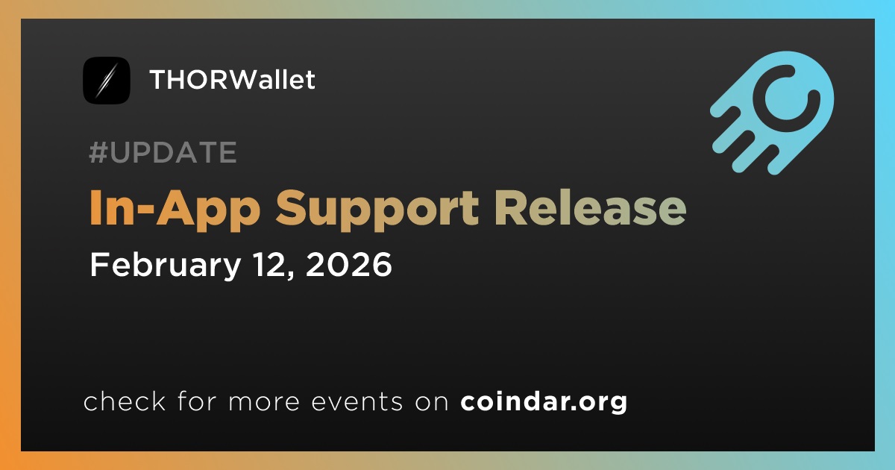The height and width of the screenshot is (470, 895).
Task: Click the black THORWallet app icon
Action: pos(106,81)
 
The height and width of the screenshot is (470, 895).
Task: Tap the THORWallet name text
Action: pos(233,80)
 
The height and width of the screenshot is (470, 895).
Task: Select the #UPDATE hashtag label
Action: pos(163,152)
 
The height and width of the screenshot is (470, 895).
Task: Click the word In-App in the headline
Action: pos(175,209)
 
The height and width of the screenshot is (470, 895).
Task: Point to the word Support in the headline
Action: pos(377,210)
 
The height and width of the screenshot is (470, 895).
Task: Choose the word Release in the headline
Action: pos(591,207)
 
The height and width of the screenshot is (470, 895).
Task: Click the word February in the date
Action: pos(166,266)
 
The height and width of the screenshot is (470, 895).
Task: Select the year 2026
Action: pos(349,265)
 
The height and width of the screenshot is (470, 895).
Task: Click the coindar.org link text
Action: pos(544,401)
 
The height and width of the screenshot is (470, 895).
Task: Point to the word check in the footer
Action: pos(125,401)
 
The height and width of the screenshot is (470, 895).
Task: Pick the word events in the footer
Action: pos(357,402)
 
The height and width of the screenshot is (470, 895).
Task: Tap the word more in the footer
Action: pos(264,403)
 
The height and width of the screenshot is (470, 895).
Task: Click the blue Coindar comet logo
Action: pos(773,113)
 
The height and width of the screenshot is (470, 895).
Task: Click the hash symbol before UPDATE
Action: pos(98,152)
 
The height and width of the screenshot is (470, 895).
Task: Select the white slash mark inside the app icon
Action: pos(106,81)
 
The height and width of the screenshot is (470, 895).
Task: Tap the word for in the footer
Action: pos(197,401)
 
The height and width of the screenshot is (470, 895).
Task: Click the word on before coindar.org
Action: pos(432,403)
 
